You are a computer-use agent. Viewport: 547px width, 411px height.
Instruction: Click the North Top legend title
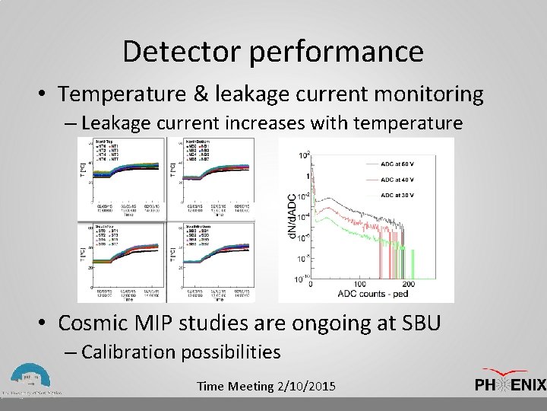[x=103, y=142]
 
